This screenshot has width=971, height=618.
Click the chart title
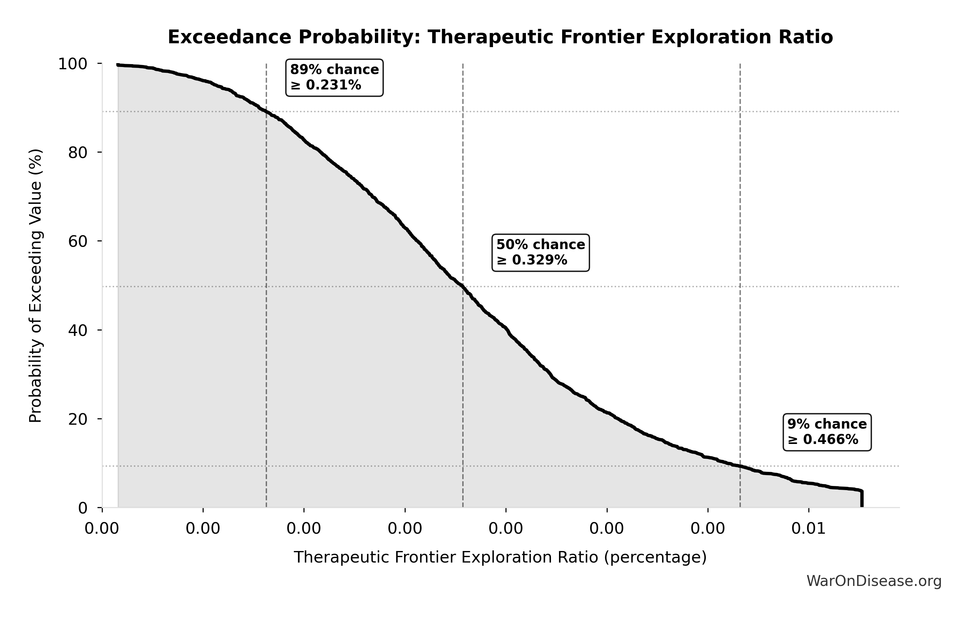[x=500, y=37]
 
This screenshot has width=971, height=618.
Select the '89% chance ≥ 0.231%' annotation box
[x=334, y=78]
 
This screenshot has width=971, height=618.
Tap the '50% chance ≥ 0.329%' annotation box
[x=540, y=252]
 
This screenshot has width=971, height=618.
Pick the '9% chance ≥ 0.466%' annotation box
[x=827, y=432]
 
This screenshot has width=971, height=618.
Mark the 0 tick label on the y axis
[x=83, y=508]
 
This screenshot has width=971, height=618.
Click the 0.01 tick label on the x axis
[x=808, y=528]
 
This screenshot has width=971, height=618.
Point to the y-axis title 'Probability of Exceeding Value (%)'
[x=36, y=286]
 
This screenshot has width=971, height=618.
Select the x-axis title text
[x=500, y=557]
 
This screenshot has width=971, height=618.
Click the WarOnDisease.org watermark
[x=874, y=581]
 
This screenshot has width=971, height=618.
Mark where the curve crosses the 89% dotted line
[x=266, y=112]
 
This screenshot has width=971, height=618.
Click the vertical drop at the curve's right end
[x=862, y=499]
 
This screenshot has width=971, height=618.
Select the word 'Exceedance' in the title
[x=229, y=37]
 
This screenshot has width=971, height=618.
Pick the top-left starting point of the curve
[x=118, y=64]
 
